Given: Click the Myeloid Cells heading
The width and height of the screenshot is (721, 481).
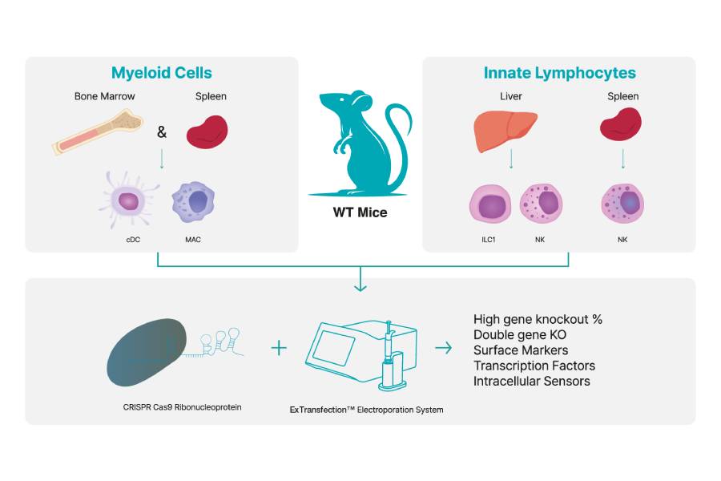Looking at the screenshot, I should click(x=162, y=73).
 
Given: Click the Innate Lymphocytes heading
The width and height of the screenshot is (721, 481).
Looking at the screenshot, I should click(x=559, y=73).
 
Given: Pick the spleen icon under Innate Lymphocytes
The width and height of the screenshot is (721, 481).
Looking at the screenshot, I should click(x=622, y=129).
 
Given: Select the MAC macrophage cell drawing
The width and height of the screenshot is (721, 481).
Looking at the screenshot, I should click(x=193, y=201).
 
